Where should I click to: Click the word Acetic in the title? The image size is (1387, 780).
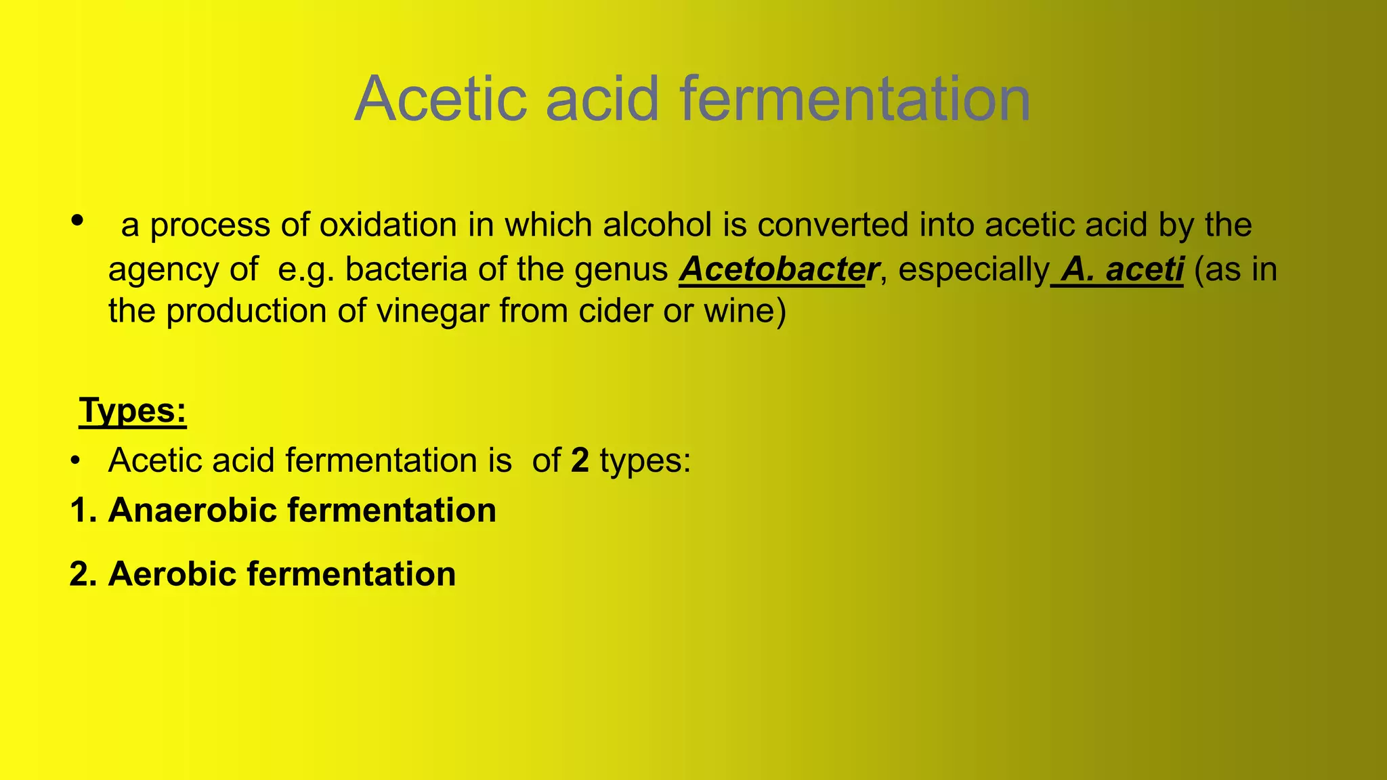point(440,99)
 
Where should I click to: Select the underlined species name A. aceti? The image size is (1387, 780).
point(1122,269)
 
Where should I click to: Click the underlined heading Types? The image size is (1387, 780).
point(133,410)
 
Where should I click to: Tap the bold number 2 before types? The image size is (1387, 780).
point(580,460)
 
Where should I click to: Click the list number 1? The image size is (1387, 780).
point(79,511)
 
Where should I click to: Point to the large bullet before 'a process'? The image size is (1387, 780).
point(77,220)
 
